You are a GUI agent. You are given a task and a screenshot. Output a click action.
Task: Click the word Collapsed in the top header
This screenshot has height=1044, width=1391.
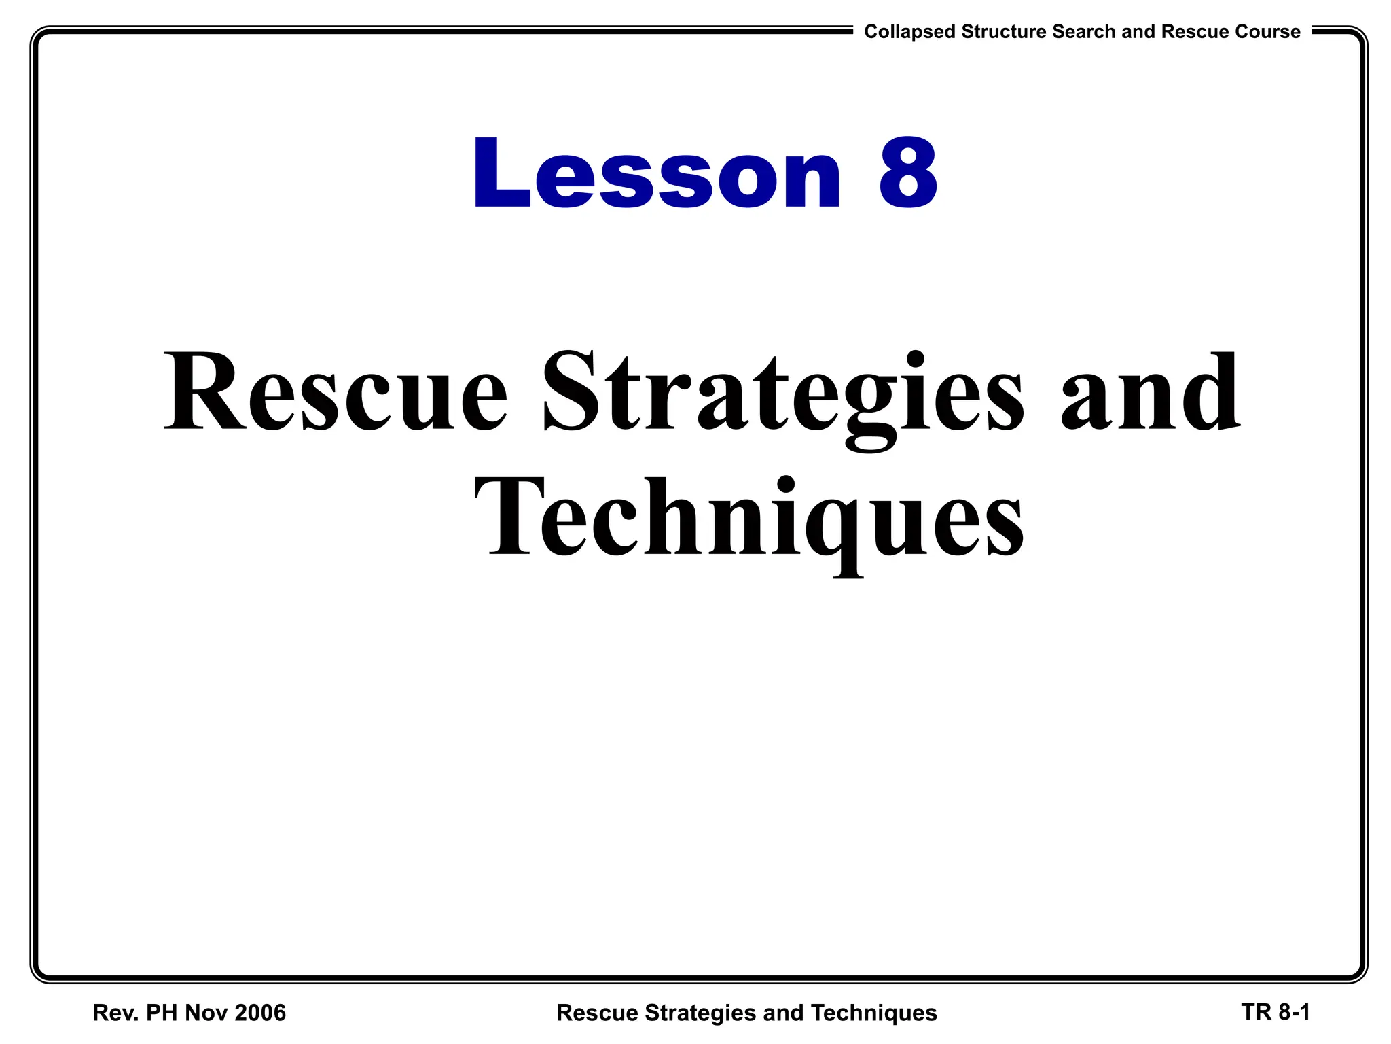909,32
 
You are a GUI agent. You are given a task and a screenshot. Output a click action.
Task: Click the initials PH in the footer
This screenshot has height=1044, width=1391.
162,1013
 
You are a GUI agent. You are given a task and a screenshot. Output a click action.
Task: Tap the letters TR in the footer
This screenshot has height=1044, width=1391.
1256,1012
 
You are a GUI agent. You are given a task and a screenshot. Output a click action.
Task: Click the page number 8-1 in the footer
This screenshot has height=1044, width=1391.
1294,1012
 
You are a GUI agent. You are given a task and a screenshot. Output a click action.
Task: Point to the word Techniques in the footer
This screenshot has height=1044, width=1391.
874,1013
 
